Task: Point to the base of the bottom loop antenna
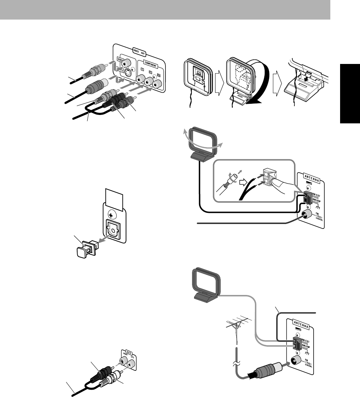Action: click(205, 297)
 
